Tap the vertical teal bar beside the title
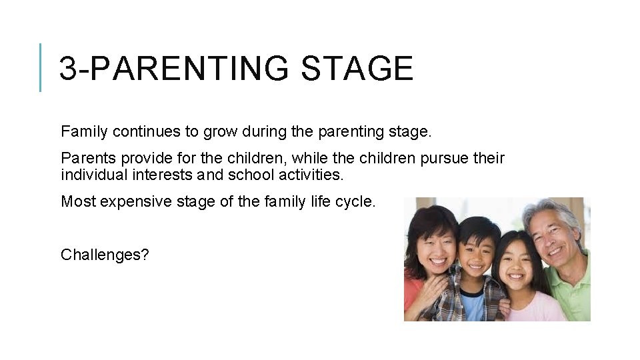point(41,67)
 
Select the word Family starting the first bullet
point(85,132)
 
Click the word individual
point(93,175)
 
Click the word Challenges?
point(104,255)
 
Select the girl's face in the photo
point(517,258)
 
